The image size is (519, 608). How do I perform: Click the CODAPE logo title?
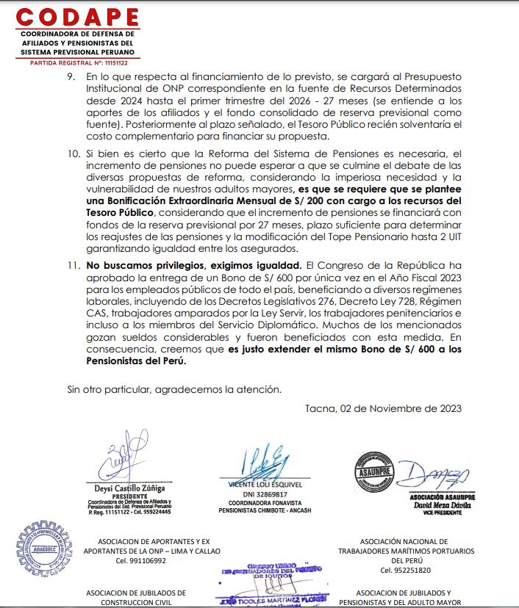77,16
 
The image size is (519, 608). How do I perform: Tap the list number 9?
71,76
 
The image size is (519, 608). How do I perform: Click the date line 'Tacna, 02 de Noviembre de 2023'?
383,409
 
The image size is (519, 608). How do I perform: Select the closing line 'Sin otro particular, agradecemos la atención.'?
173,388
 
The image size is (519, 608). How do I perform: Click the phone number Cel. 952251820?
406,570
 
